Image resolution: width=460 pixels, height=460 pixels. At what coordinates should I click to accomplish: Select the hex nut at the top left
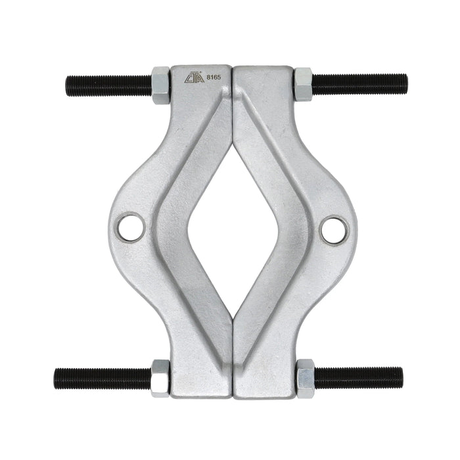click(x=161, y=85)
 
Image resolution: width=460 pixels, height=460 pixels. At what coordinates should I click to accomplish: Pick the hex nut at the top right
click(x=303, y=84)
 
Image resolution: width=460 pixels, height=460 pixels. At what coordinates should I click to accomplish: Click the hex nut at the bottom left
click(x=160, y=378)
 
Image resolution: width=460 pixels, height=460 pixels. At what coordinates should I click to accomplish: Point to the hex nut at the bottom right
click(x=305, y=378)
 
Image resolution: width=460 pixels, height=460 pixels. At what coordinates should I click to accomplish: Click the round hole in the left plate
click(x=131, y=228)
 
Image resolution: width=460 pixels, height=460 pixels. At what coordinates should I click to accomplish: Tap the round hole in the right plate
click(x=333, y=229)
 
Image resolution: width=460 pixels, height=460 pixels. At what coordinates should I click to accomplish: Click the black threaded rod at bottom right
click(x=358, y=377)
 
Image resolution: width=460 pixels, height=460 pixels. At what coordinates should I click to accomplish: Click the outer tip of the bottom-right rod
click(x=401, y=377)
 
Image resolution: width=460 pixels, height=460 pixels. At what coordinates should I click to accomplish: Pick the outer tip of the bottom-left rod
click(x=56, y=379)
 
